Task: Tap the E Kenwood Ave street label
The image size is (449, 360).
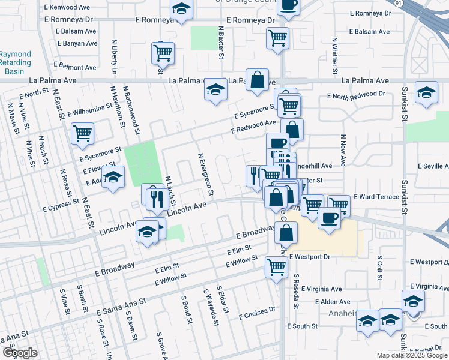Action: [x=67, y=8]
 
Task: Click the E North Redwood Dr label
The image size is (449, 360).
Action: [x=356, y=95]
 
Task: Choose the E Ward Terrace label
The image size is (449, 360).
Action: [x=376, y=197]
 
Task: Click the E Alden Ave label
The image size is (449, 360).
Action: [x=327, y=302]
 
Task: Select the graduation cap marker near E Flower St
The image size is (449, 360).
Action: [x=112, y=177]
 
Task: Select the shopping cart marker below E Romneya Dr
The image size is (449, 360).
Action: [x=277, y=38]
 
